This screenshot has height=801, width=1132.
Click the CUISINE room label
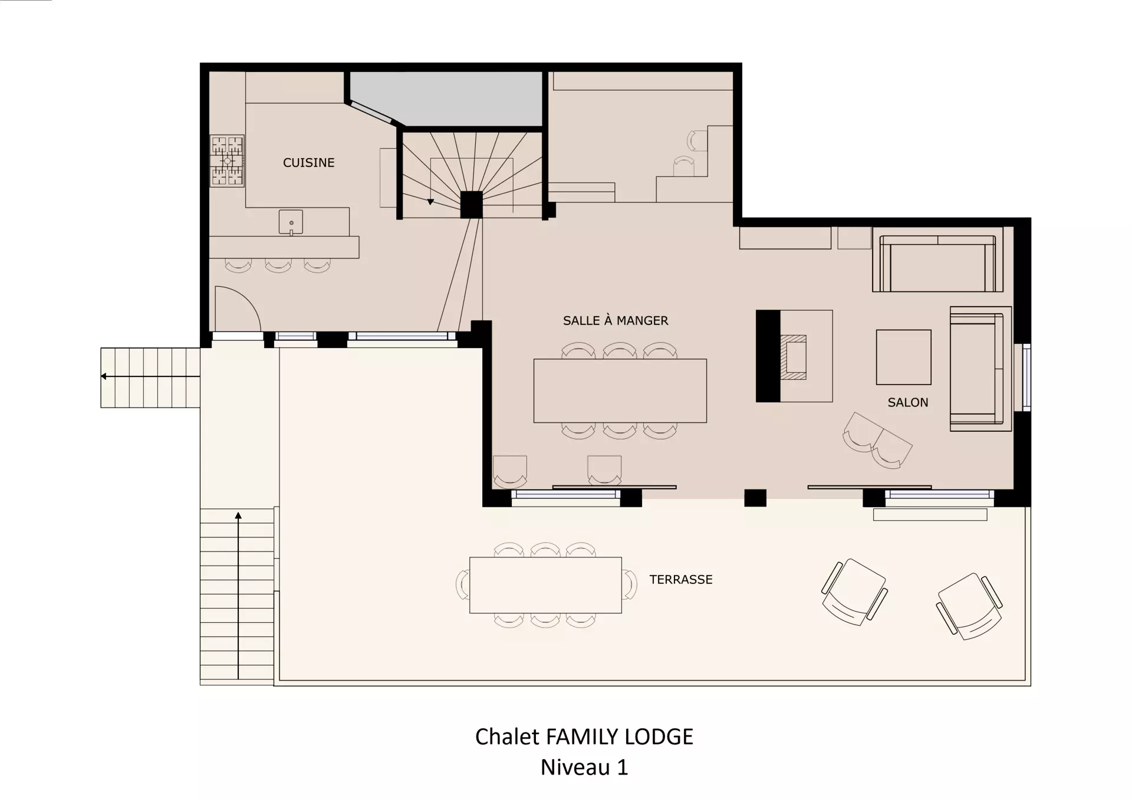coord(308,163)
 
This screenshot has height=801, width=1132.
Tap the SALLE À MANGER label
coord(616,320)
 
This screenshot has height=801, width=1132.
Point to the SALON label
coord(908,402)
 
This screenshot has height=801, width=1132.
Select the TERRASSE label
coord(681,579)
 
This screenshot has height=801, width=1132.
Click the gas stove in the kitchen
coord(228,160)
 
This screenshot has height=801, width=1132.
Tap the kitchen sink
coord(291,222)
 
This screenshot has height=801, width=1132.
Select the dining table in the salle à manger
coord(620,390)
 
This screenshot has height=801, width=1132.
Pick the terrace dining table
coord(545,585)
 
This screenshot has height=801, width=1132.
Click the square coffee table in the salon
coord(903,357)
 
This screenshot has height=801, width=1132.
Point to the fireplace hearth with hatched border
coord(794,357)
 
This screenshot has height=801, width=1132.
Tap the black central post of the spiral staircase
coord(471,205)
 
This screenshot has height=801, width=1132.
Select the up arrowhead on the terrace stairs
coord(238,516)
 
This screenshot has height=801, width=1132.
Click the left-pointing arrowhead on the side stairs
coord(104,376)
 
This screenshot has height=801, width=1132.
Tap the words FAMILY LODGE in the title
coord(620,737)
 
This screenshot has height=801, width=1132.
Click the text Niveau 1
coord(584,767)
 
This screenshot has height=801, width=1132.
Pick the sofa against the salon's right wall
coord(980,369)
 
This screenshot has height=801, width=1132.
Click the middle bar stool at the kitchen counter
coord(278,265)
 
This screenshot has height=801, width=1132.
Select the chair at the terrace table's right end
coord(630,585)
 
